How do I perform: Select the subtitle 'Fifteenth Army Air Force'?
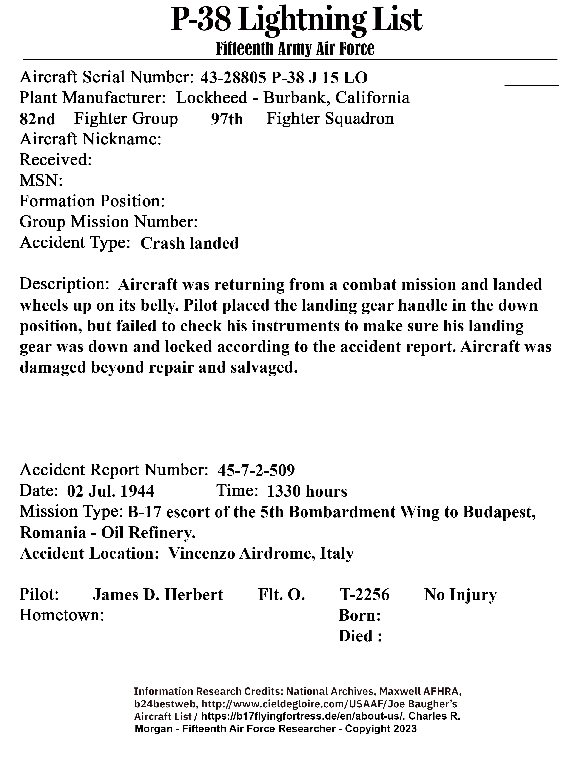pyautogui.click(x=295, y=49)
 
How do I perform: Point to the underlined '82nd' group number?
pyautogui.click(x=37, y=119)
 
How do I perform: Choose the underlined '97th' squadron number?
pyautogui.click(x=227, y=119)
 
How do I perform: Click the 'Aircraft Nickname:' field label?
pyautogui.click(x=90, y=139)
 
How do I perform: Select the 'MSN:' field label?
pyautogui.click(x=41, y=181)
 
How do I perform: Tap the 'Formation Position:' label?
pyautogui.click(x=92, y=201)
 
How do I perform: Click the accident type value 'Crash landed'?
pyautogui.click(x=190, y=243)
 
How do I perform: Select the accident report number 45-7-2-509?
pyautogui.click(x=256, y=470)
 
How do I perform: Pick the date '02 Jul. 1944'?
pyautogui.click(x=110, y=491)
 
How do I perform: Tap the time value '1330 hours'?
pyautogui.click(x=307, y=491)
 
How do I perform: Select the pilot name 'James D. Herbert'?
pyautogui.click(x=158, y=594)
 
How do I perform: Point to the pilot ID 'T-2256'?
pyautogui.click(x=364, y=594)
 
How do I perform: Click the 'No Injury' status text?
pyautogui.click(x=460, y=594)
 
